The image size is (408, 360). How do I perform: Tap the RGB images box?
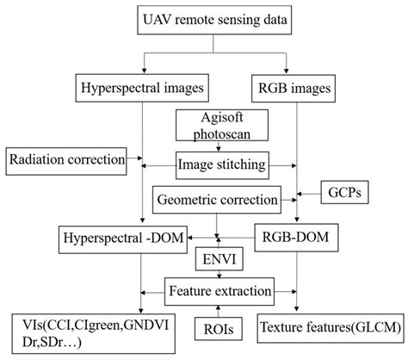click(x=294, y=87)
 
